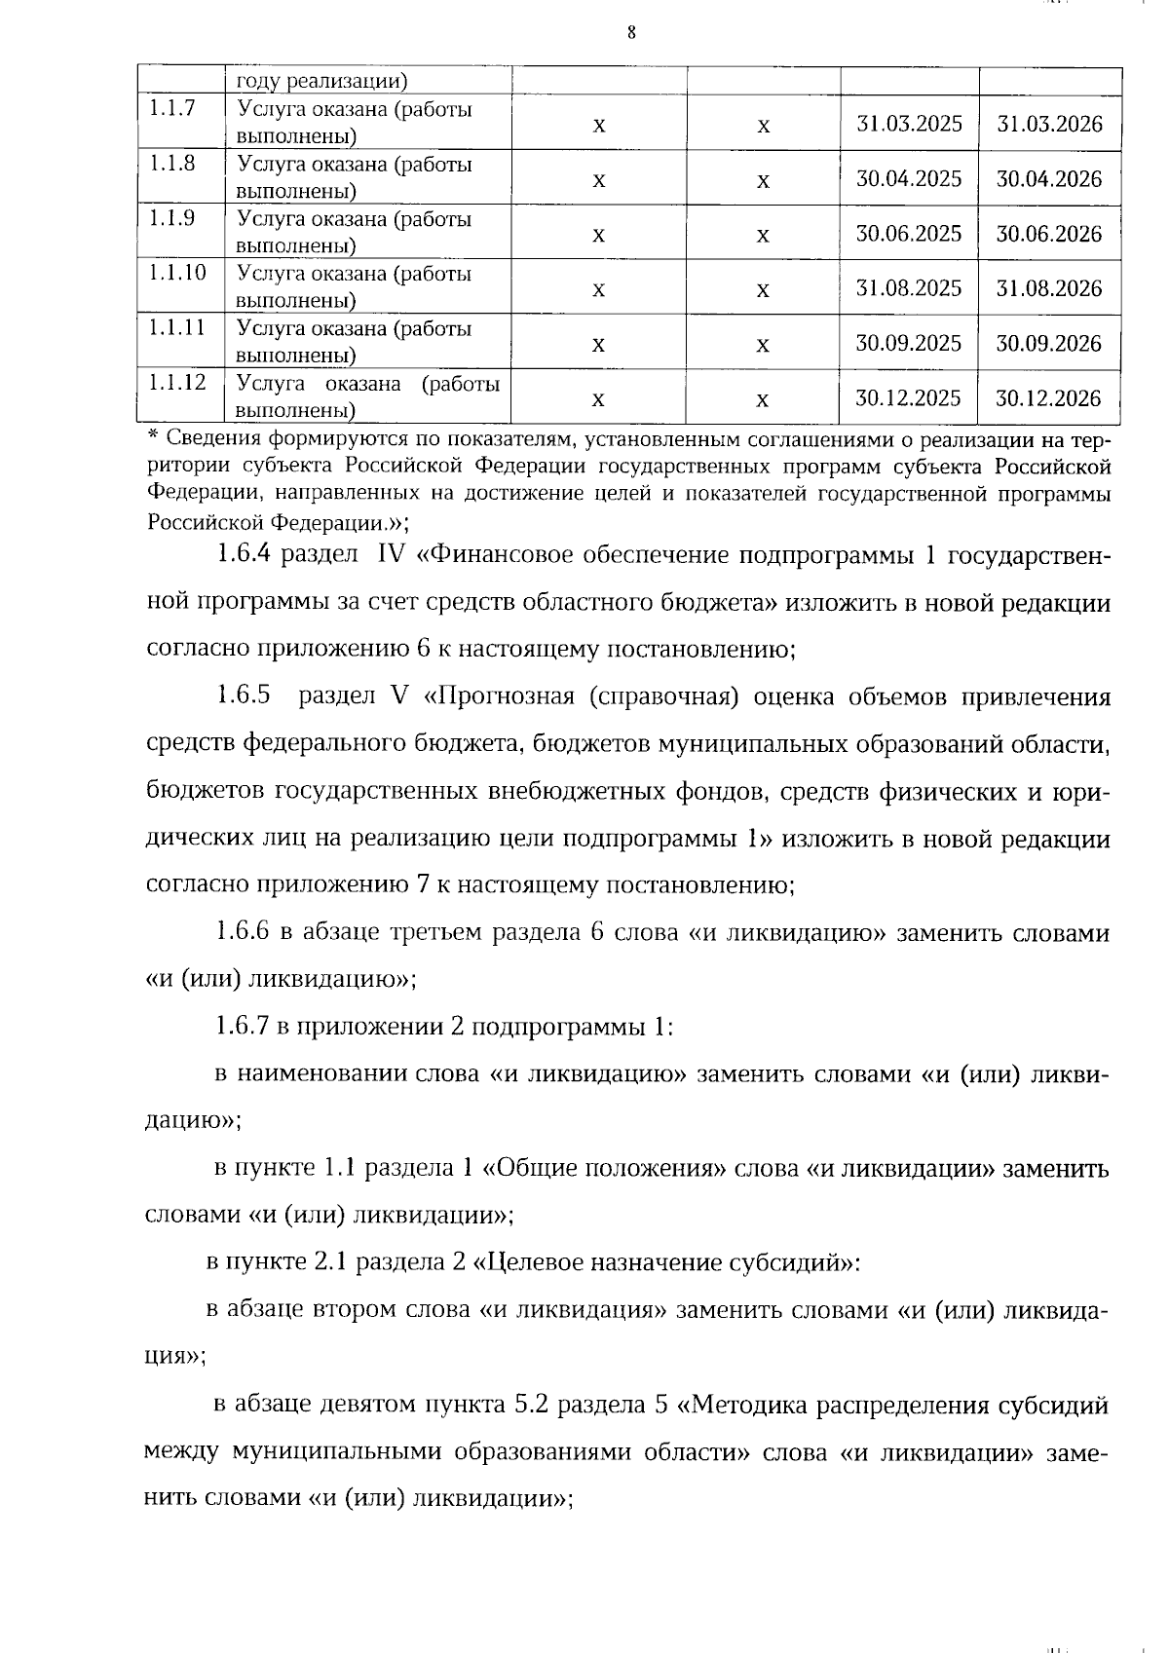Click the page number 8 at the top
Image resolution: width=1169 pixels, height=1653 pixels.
pos(631,33)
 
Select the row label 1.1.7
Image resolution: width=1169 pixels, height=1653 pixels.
pos(171,108)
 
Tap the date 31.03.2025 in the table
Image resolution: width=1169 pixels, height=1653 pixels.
pos(909,124)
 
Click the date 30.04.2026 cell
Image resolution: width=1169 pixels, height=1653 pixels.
pos(1048,179)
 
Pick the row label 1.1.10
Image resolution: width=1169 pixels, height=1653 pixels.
pos(177,273)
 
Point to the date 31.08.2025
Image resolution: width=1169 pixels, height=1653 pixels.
pos(909,288)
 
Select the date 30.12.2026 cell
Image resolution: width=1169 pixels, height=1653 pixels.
pos(1048,398)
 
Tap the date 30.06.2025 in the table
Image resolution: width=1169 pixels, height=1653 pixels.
pos(909,234)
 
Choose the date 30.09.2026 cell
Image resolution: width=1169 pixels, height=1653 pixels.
pos(1048,344)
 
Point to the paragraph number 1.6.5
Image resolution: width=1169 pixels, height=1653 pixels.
pos(242,696)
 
